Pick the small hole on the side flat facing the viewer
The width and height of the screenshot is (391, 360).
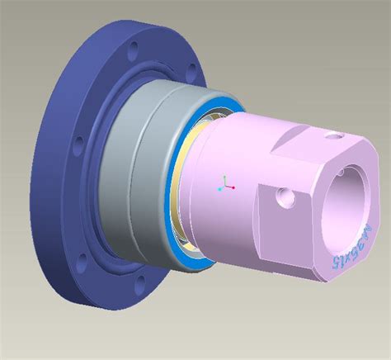click(285, 197)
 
